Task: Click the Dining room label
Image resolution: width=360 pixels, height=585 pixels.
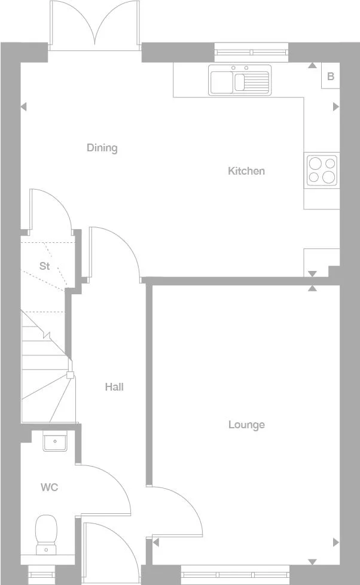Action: click(x=102, y=148)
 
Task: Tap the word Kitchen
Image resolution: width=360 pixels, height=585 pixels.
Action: click(x=246, y=171)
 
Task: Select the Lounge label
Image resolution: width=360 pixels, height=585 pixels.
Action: click(x=246, y=425)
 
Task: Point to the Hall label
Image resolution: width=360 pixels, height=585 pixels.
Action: click(x=114, y=387)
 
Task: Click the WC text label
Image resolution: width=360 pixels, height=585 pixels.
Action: click(x=49, y=487)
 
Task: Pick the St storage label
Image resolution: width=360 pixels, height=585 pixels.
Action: click(x=44, y=266)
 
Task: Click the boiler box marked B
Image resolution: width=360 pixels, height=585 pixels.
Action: click(x=330, y=77)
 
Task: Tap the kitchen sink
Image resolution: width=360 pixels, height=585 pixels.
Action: click(x=239, y=80)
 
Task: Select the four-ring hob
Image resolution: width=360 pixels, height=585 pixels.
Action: click(x=321, y=170)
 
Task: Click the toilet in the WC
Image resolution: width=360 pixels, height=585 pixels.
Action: click(x=45, y=535)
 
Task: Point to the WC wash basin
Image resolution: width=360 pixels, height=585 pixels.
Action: click(x=54, y=442)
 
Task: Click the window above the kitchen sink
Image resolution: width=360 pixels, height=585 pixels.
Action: click(x=251, y=51)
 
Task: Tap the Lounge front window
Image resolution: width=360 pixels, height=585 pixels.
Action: click(x=236, y=575)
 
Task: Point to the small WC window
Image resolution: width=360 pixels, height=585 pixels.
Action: click(x=41, y=575)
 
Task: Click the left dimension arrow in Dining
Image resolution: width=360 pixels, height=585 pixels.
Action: click(x=24, y=107)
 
